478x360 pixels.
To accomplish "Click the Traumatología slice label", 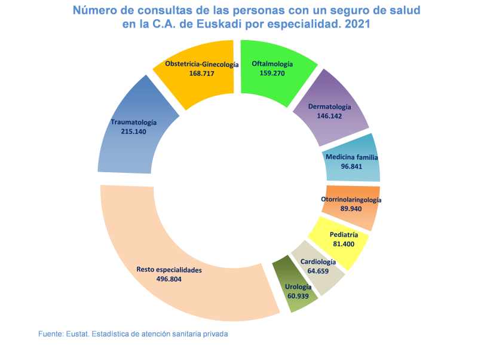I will pos(133,122).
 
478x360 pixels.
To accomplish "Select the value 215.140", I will pos(133,132).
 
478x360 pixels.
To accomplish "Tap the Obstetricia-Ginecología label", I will pos(201,64).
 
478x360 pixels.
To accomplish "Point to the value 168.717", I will pos(201,74).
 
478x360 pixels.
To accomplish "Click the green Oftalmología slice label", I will pos(272,63).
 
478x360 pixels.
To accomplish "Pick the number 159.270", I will pos(272,73).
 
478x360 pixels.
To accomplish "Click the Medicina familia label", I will pos(352,157).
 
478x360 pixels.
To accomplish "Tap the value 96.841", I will pos(351,167).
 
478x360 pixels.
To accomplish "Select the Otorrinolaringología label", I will pos(351,200).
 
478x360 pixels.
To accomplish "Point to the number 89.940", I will pos(351,209).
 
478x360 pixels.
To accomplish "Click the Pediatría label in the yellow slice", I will pos(344,235).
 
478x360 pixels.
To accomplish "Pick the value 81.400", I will pos(344,245).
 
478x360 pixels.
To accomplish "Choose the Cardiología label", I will pos(318,262).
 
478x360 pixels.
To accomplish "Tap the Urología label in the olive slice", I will pos(298,287).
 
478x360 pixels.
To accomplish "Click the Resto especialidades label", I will pos(169,270).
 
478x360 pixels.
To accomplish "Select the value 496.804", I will pos(169,279).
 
